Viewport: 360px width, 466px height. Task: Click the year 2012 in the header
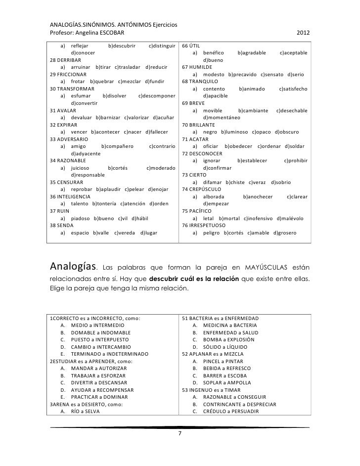[303, 33]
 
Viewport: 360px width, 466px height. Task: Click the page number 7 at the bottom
[180, 433]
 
